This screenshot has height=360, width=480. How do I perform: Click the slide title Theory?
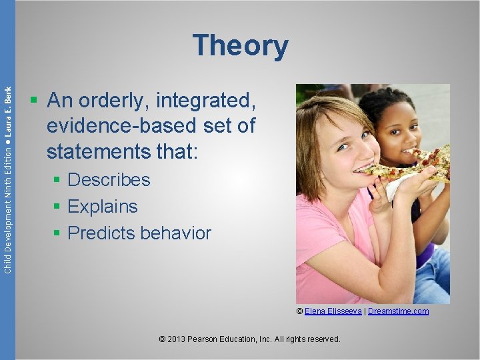[x=240, y=46]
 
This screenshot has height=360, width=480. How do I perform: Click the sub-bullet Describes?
[x=109, y=180]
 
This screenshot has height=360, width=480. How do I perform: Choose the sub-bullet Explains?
[x=103, y=207]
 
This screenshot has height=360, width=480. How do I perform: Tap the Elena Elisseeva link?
[x=333, y=311]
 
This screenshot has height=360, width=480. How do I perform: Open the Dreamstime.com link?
[x=398, y=311]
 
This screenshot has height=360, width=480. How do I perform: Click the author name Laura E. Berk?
[x=8, y=113]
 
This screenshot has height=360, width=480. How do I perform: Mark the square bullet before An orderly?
[x=33, y=102]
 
